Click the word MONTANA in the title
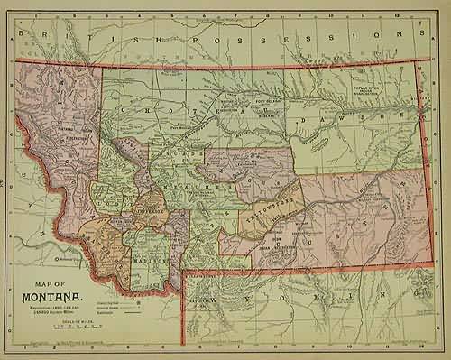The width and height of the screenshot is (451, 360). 49,296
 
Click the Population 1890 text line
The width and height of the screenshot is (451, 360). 52,307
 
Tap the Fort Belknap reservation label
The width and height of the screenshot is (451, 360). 264,101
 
